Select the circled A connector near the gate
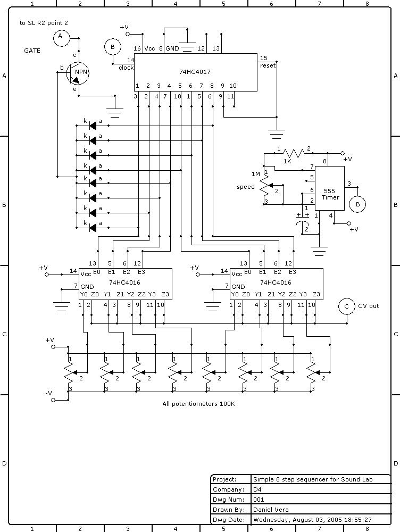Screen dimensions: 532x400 [60, 36]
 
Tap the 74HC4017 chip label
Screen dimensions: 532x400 [195, 70]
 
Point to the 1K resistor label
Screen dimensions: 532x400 [287, 161]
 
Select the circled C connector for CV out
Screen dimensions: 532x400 [347, 306]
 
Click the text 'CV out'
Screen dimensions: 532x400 [368, 306]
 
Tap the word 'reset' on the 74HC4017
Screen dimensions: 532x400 [268, 65]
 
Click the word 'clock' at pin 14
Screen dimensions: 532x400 [126, 68]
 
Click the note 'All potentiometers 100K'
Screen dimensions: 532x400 [198, 404]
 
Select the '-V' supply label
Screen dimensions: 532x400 [48, 393]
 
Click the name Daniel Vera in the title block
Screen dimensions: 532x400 [272, 509]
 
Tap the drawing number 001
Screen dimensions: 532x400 [259, 500]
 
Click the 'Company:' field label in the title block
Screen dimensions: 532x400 [228, 489]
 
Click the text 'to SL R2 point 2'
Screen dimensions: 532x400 [44, 23]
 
